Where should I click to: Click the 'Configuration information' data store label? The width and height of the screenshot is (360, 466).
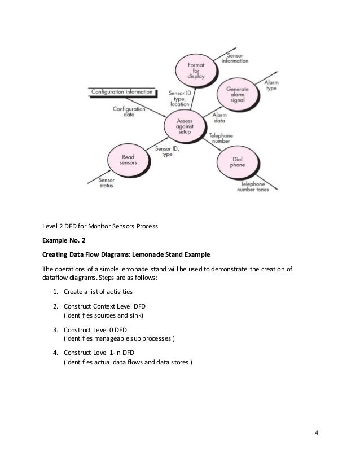[x=122, y=91]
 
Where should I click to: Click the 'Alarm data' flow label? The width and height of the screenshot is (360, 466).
[x=219, y=118]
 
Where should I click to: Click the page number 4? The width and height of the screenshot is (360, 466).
[x=316, y=433]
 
